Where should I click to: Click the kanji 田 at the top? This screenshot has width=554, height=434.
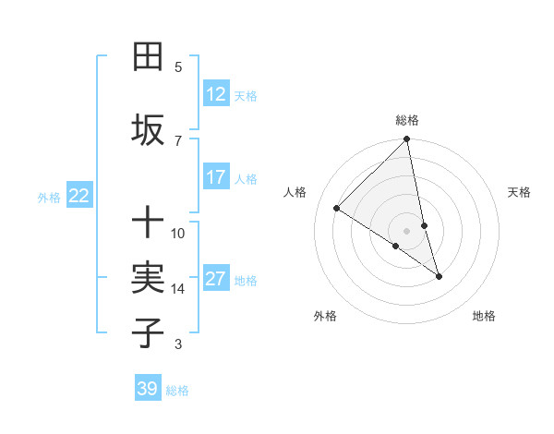coord(148,57)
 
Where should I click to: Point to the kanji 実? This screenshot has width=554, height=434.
coord(148,277)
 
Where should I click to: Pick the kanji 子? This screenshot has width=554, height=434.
coord(148,332)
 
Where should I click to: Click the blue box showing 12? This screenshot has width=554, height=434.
coord(215,94)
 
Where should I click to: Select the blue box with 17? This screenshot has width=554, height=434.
coord(215,177)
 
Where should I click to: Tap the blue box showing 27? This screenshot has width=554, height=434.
coord(215,280)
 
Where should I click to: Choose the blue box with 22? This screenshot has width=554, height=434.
coord(79,195)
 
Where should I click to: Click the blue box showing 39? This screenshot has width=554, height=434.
coord(148,389)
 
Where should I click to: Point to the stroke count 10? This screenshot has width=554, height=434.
coord(178,233)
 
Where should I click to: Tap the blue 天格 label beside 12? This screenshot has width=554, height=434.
coord(246,95)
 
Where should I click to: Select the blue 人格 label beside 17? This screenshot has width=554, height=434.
coord(246,178)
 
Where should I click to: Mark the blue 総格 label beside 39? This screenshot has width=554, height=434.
coord(177,391)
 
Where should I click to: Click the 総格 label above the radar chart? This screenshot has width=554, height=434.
coord(407,120)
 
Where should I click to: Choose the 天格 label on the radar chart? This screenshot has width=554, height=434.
coord(520,192)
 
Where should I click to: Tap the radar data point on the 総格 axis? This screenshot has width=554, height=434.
coord(407,139)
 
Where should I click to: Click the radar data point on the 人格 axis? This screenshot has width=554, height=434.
coord(337,209)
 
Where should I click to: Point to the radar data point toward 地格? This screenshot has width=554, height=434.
coord(439,276)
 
